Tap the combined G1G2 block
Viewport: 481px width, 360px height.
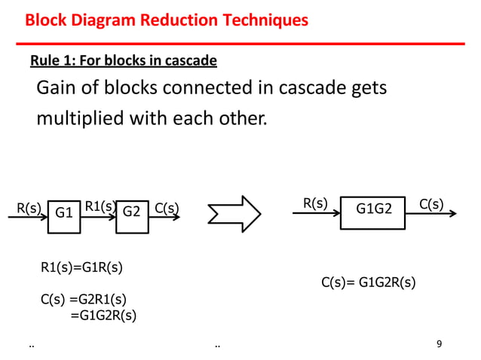pyautogui.click(x=375, y=210)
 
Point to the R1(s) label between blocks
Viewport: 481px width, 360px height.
pyautogui.click(x=99, y=206)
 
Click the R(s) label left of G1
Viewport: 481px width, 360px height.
pyautogui.click(x=29, y=207)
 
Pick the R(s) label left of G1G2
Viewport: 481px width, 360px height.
pyautogui.click(x=315, y=203)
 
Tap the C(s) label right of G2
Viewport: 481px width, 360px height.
pyautogui.click(x=166, y=207)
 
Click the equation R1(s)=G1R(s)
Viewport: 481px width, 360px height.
pyautogui.click(x=81, y=266)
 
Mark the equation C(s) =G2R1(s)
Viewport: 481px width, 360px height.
pyautogui.click(x=83, y=299)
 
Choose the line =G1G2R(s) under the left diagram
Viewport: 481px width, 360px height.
pyautogui.click(x=103, y=315)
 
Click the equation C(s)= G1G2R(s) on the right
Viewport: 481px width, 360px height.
pyautogui.click(x=369, y=282)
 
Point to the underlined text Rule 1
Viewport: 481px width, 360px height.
pyautogui.click(x=51, y=59)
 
